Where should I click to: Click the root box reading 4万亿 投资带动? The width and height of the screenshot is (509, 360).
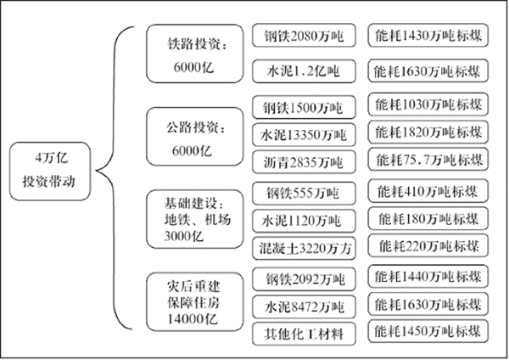coord(50,171)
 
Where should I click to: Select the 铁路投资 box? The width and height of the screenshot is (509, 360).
coord(194,53)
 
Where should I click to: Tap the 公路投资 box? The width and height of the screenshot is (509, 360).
coord(194,137)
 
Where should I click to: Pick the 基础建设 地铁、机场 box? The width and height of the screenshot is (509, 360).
coord(194,219)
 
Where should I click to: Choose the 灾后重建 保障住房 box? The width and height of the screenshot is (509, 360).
coord(194,302)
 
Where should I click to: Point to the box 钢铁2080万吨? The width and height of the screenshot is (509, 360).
coord(304,35)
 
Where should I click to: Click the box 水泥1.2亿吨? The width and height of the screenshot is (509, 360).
coord(304,70)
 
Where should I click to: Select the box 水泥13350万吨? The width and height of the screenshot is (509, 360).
coord(304,134)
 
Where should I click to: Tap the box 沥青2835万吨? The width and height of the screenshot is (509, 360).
coord(304,162)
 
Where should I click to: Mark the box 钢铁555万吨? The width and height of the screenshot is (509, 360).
coord(304,194)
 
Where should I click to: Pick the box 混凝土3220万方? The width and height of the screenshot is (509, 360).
coord(304,249)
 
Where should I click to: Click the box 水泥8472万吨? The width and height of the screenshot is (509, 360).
coord(304,307)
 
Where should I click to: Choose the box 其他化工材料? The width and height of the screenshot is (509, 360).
coord(304,334)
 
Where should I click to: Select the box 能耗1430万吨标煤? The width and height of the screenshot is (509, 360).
coord(428,35)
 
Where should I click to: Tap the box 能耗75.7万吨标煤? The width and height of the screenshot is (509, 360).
coord(428,160)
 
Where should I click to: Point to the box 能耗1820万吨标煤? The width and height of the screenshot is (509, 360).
coord(428,132)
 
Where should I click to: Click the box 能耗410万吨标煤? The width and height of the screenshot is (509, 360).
coord(428,191)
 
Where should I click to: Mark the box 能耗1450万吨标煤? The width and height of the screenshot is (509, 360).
coord(428,331)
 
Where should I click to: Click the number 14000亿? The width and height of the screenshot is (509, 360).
coord(193,318)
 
